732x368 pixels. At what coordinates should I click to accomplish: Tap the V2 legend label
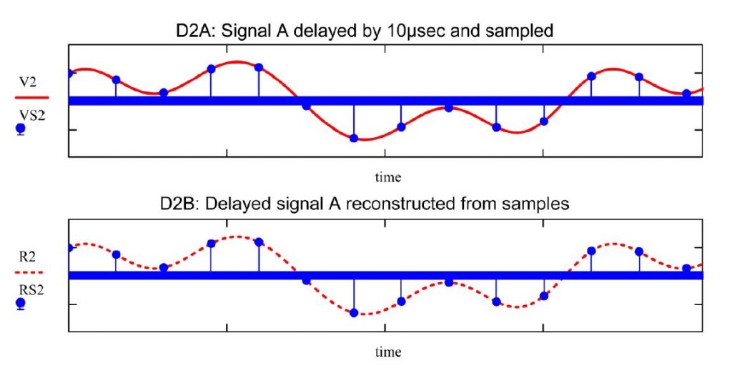(x=28, y=83)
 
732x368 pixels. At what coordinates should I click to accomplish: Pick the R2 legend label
(x=27, y=257)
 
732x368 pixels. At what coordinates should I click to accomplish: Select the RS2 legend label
(x=31, y=289)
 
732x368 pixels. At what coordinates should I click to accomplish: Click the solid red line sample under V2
(x=31, y=97)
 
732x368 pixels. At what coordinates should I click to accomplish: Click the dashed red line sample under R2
(x=29, y=272)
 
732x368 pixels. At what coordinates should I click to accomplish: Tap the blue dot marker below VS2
(x=21, y=129)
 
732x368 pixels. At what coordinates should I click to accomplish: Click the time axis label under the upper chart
(x=388, y=177)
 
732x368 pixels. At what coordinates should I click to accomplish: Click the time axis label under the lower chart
(x=388, y=352)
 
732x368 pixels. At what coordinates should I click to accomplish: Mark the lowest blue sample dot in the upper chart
(x=354, y=138)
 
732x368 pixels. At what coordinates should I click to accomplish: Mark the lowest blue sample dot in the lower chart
(x=354, y=312)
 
